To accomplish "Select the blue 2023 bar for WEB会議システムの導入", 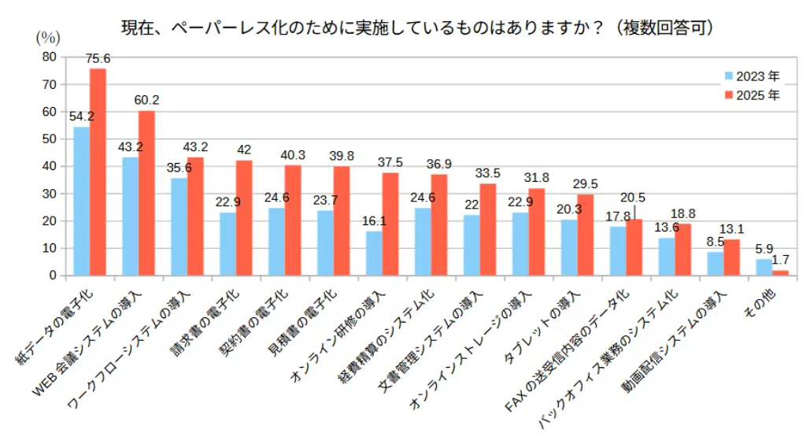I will tap(131, 217).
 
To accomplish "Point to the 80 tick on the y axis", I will tap(50, 57).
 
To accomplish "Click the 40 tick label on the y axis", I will tap(50, 166).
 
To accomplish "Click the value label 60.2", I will tap(146, 101).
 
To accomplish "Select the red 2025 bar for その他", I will tap(780, 272).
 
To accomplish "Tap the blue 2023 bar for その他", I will tap(763, 268).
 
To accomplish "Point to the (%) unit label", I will tap(47, 37).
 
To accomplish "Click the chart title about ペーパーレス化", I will tap(417, 28).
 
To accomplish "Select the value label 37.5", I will tap(390, 162).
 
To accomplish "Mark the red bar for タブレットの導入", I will tap(585, 235).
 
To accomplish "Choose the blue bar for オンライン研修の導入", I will tap(374, 254).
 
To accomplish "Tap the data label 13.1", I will tap(732, 229).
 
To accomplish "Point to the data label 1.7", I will tap(782, 260).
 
